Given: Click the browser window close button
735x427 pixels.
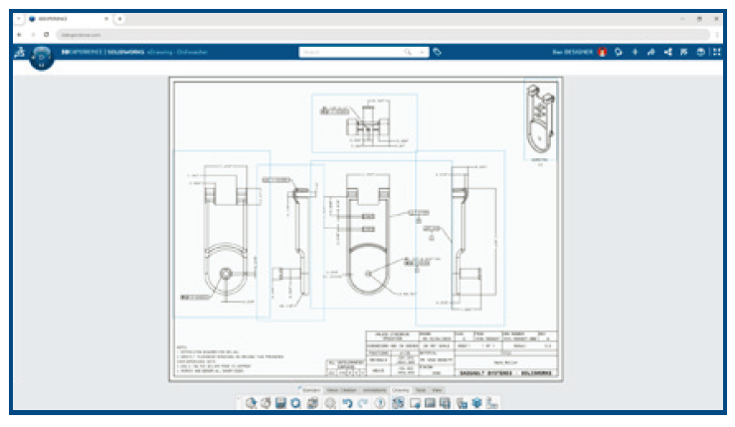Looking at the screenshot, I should [x=715, y=18].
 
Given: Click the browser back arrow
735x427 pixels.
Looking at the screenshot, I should [x=20, y=34].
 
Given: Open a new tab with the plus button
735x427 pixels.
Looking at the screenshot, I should [x=120, y=18].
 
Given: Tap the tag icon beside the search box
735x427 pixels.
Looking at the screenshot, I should [x=438, y=52].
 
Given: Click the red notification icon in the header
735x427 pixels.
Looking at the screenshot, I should [x=602, y=52].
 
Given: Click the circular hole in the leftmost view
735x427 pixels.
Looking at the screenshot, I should [x=226, y=273].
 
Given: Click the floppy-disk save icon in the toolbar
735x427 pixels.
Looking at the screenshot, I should [x=281, y=402].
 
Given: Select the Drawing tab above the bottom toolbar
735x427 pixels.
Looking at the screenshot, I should [x=401, y=389].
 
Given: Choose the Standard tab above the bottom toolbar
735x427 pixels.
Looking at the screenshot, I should [x=310, y=389].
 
